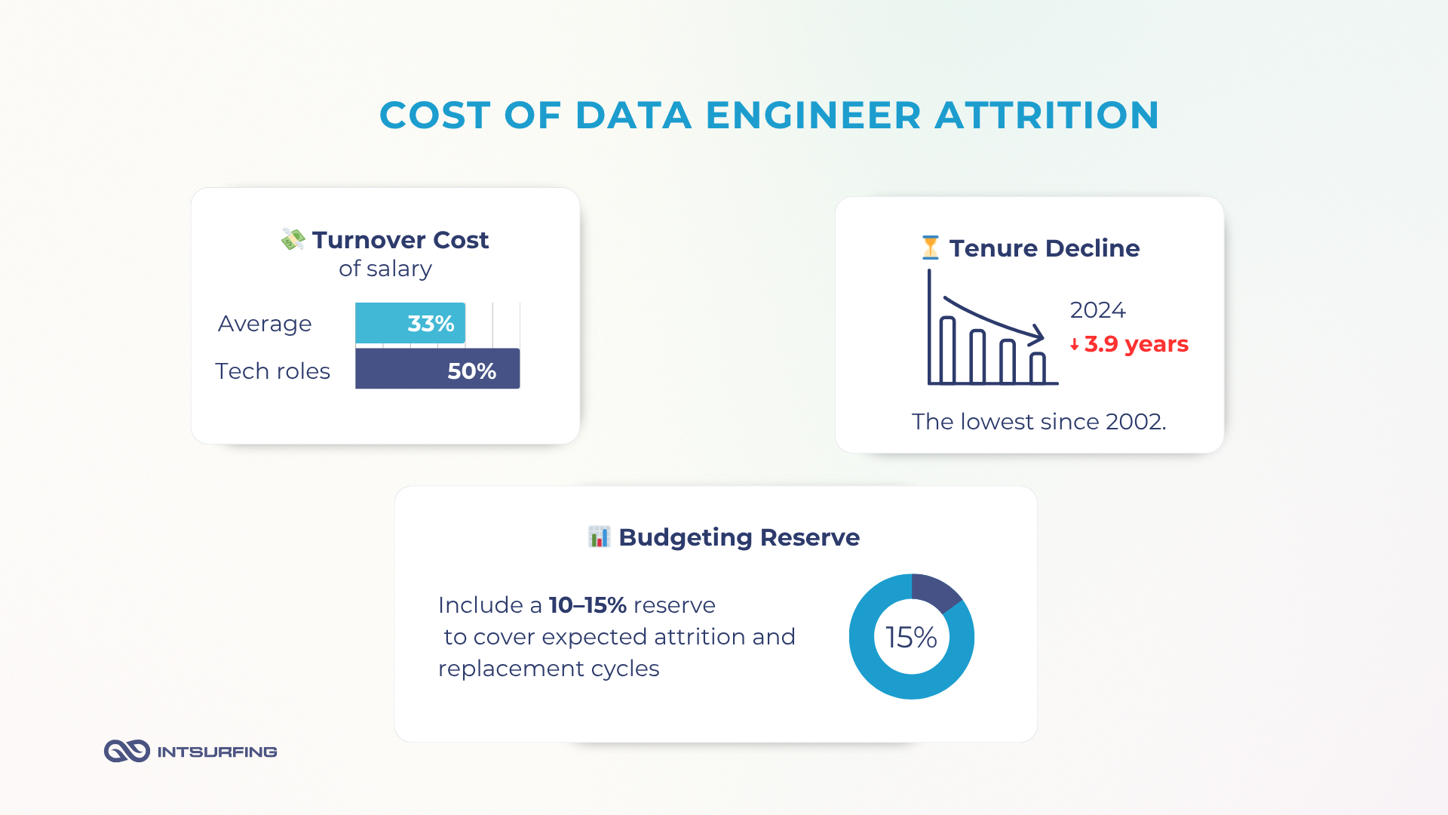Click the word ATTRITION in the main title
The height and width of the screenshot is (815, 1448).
pyautogui.click(x=1047, y=115)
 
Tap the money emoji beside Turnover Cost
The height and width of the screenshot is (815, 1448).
pyautogui.click(x=293, y=239)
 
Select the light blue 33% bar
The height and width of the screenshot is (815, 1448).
pyautogui.click(x=410, y=323)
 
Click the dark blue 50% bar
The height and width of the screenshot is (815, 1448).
pyautogui.click(x=437, y=369)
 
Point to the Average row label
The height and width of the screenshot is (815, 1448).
pyautogui.click(x=265, y=324)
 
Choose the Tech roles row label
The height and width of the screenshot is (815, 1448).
pyautogui.click(x=272, y=371)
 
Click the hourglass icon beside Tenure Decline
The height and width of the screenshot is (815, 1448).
pyautogui.click(x=930, y=248)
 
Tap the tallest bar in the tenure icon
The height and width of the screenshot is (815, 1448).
pyautogui.click(x=947, y=350)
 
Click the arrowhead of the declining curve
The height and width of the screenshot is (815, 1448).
pyautogui.click(x=1038, y=334)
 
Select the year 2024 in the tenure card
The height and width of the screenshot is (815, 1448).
pyautogui.click(x=1097, y=310)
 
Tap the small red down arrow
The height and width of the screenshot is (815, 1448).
pyautogui.click(x=1074, y=345)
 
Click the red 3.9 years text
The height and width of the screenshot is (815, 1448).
pyautogui.click(x=1136, y=344)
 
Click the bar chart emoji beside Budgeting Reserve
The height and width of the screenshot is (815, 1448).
pyautogui.click(x=599, y=537)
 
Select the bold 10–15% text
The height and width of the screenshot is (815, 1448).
pyautogui.click(x=587, y=605)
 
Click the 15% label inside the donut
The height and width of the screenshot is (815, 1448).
pyautogui.click(x=911, y=638)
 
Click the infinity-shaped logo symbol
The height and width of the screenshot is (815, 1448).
pyautogui.click(x=127, y=751)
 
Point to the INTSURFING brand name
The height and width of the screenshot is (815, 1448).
pyautogui.click(x=217, y=752)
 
